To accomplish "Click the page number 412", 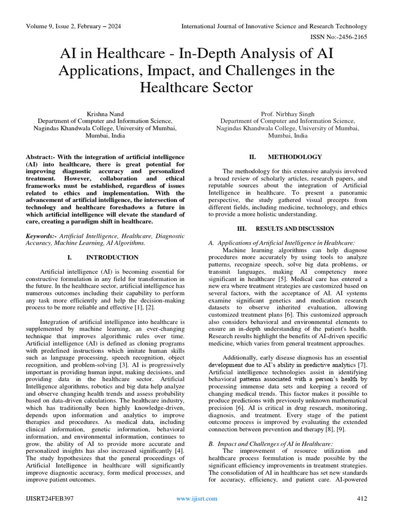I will (x=361, y=498).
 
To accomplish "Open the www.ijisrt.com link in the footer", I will (x=196, y=498).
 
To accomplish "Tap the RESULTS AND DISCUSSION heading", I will (x=294, y=229).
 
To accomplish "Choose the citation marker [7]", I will (x=362, y=365).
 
